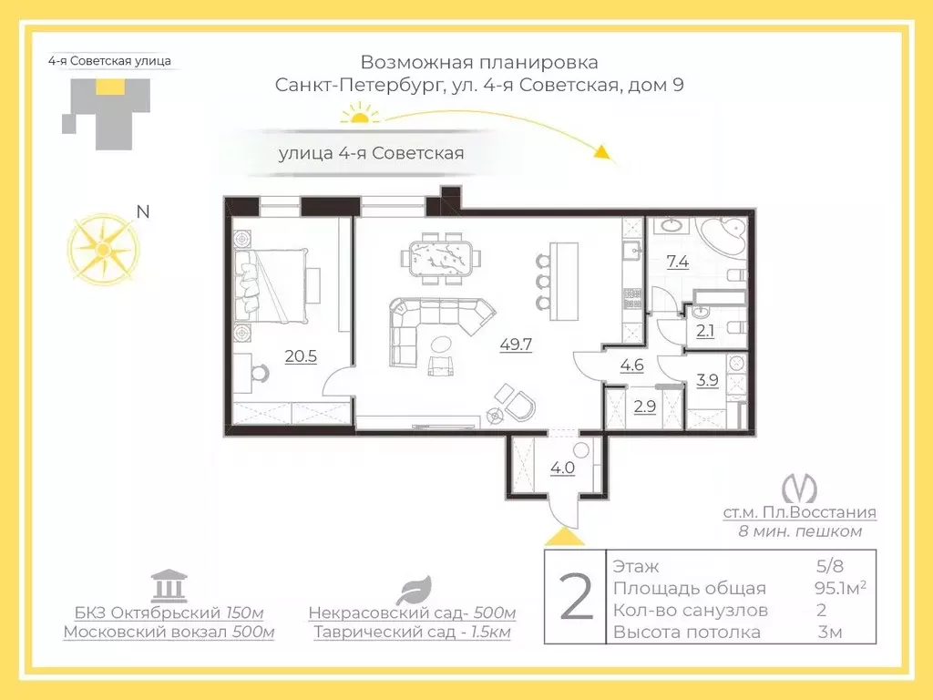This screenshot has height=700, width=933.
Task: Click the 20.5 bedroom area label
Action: tap(301, 356)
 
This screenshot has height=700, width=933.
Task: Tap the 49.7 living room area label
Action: tap(517, 345)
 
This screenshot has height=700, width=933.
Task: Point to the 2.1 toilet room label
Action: tap(706, 331)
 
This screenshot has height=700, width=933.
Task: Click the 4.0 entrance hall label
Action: tap(562, 470)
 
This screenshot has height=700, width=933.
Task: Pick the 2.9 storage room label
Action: tap(644, 407)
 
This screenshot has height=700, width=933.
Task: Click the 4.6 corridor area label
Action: tap(632, 367)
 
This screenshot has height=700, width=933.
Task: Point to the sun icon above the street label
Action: tap(359, 114)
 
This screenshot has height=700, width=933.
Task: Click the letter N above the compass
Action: tap(142, 212)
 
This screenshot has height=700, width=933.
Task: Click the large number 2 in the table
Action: tap(575, 597)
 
